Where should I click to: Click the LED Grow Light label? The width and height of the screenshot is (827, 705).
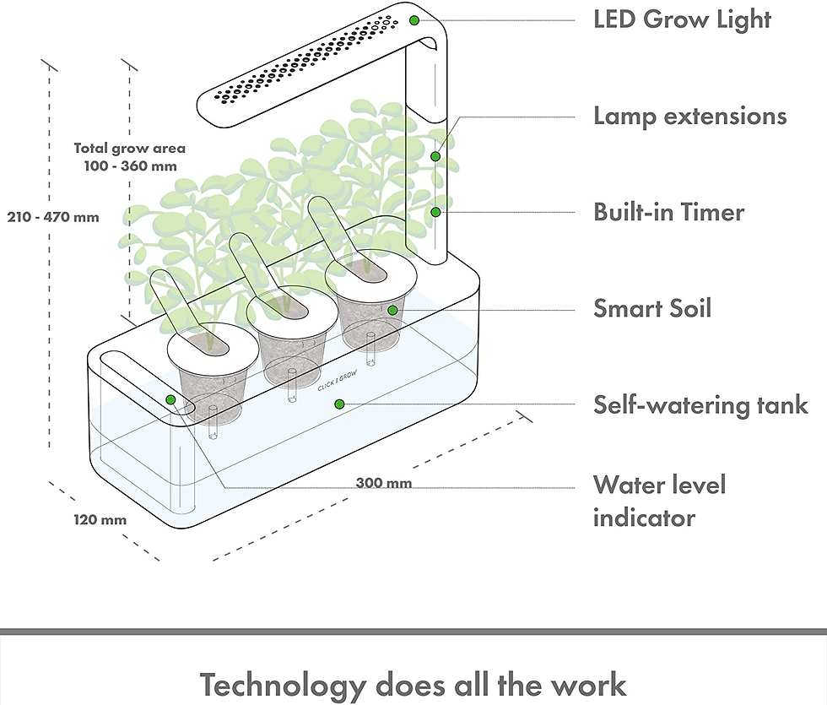coord(682,19)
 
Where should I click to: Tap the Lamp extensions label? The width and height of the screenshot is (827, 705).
coord(690,117)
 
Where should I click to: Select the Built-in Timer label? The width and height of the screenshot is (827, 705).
coord(668,212)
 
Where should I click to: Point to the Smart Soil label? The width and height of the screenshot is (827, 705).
coord(652,308)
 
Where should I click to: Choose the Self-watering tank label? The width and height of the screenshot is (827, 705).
coord(701,404)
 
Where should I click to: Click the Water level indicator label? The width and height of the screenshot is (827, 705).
coord(659,502)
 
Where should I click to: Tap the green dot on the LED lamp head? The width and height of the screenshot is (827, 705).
coord(414,20)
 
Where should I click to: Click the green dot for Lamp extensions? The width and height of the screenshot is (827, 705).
coord(435,156)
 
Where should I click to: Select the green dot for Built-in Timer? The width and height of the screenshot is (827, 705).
coord(435,212)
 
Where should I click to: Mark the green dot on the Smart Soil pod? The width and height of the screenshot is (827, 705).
coord(392,311)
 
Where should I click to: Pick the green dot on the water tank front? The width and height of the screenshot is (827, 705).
coord(339,404)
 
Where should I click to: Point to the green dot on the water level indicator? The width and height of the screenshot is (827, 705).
coord(170,399)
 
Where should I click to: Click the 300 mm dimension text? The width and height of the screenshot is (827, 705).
coord(384,483)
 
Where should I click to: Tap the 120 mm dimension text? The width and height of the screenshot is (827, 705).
coord(100,520)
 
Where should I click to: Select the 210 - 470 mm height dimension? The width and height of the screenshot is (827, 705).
coord(53,217)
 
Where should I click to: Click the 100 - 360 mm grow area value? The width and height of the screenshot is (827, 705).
coord(131,166)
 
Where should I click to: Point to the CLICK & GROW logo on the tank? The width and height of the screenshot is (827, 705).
coord(338,381)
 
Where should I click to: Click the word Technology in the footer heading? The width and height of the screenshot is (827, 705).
coord(284,685)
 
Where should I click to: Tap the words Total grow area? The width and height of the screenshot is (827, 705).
coord(130,149)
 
